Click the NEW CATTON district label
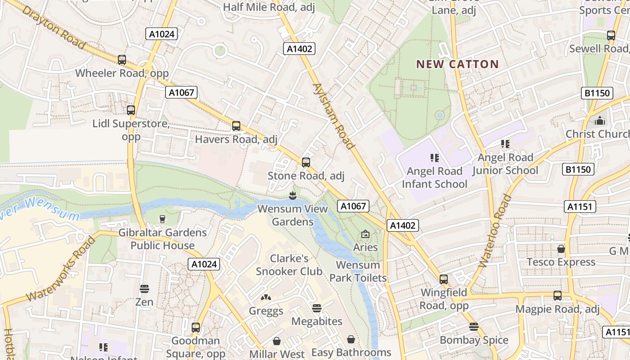tap(457, 64)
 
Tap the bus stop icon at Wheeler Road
tap(121, 59)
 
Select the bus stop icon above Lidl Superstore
tap(131, 110)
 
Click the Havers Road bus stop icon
tap(236, 126)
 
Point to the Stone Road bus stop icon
tap(306, 162)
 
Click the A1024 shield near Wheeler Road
tap(162, 34)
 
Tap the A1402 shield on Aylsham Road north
tap(299, 49)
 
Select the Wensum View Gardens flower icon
tap(292, 196)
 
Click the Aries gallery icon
tap(365, 234)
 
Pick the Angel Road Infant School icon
tap(434, 157)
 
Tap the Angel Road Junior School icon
tap(505, 144)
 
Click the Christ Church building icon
tap(600, 121)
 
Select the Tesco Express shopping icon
tap(561, 248)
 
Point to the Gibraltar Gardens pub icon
tap(162, 219)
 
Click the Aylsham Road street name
tap(333, 116)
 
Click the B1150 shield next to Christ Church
tap(578, 169)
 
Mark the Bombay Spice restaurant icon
tap(473, 327)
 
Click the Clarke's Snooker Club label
tap(289, 265)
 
